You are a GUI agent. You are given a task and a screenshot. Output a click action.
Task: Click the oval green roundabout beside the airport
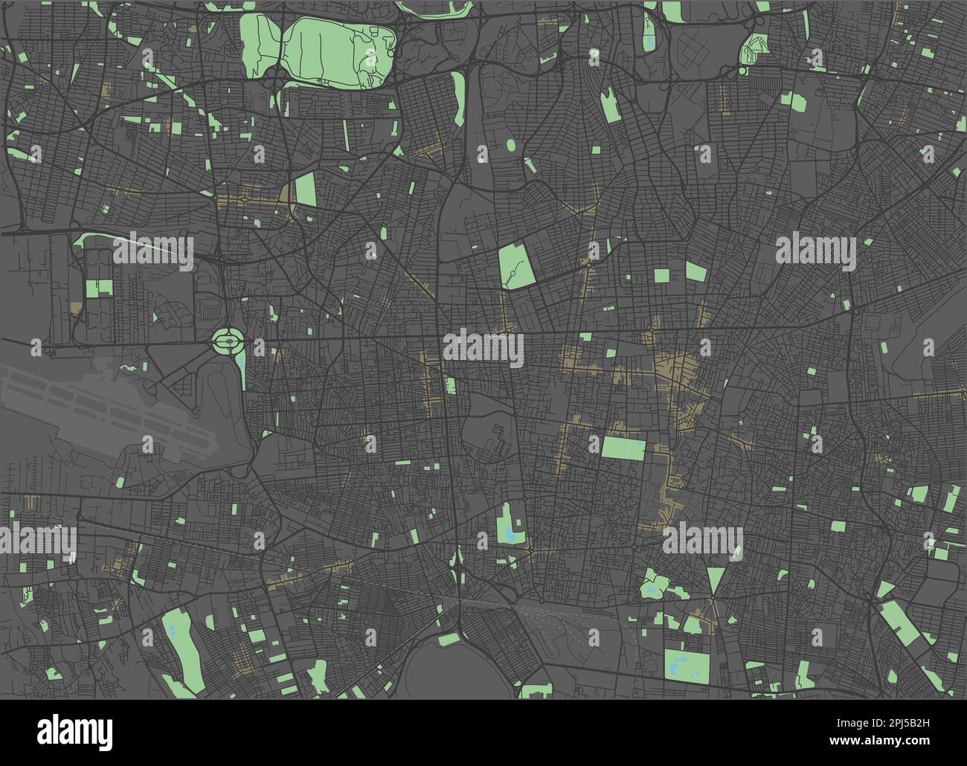[228, 342]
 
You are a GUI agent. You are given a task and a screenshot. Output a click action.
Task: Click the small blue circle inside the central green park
[513, 276]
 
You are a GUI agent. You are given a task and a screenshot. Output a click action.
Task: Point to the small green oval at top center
[512, 144]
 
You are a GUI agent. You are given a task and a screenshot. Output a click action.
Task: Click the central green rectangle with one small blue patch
[623, 448]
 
